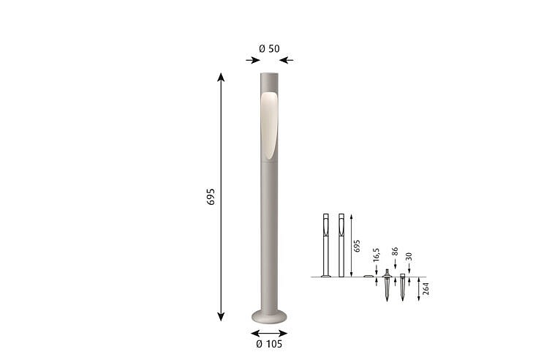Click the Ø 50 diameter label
click(x=269, y=49)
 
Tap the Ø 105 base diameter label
click(x=269, y=344)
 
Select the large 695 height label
click(x=211, y=197)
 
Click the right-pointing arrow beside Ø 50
click(x=253, y=61)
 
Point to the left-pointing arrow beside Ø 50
click(x=287, y=61)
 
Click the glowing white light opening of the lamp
click(x=269, y=126)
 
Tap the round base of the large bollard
click(x=269, y=317)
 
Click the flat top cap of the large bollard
click(x=269, y=74)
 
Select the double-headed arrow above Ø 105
click(x=269, y=334)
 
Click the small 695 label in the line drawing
click(x=357, y=246)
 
